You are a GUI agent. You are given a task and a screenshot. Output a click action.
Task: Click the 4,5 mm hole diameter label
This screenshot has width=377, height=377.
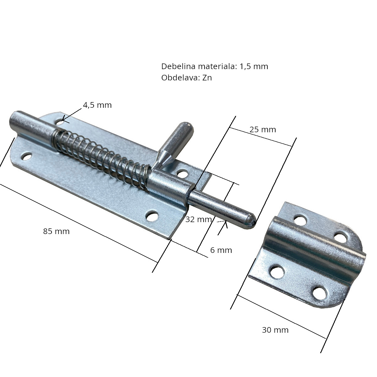click(97, 105)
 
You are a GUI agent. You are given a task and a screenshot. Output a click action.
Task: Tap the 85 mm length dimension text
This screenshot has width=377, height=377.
click(56, 232)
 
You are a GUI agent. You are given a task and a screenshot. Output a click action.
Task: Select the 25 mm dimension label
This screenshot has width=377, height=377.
click(263, 129)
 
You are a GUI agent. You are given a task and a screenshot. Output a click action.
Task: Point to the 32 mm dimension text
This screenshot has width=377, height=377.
click(199, 219)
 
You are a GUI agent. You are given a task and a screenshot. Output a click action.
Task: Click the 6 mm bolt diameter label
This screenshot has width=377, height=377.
click(221, 250)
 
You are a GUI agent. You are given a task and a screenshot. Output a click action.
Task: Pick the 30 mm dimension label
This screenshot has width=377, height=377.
click(275, 330)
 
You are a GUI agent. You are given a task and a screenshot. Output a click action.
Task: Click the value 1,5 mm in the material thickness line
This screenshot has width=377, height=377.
click(254, 66)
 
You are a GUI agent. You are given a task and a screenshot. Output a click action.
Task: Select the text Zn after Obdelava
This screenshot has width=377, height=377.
click(207, 78)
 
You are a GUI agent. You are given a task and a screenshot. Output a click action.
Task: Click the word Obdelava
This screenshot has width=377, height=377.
click(180, 78)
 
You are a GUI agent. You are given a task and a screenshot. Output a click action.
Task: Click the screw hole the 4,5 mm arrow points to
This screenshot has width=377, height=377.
click(60, 121)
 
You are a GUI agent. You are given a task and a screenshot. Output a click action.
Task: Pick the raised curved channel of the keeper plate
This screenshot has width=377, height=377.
click(317, 248)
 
